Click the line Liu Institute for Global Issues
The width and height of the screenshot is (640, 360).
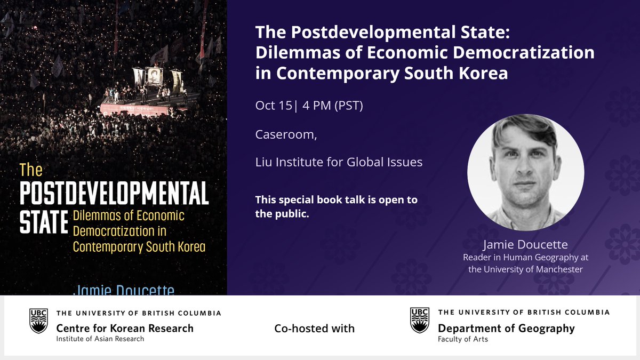(339, 162)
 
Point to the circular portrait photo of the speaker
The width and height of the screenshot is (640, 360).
(525, 172)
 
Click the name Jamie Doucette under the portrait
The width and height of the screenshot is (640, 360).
(525, 245)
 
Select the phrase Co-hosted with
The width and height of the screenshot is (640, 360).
(314, 329)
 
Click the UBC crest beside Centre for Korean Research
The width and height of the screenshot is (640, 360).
(38, 321)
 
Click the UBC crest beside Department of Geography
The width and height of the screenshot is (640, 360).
(419, 321)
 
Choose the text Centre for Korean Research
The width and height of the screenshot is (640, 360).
(125, 328)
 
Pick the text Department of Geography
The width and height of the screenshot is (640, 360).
(506, 328)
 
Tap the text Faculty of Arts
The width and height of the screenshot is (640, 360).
(462, 339)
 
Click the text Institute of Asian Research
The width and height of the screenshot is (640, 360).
(100, 339)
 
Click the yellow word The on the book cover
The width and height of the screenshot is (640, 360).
(30, 170)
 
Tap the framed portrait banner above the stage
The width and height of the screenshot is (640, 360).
(154, 75)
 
